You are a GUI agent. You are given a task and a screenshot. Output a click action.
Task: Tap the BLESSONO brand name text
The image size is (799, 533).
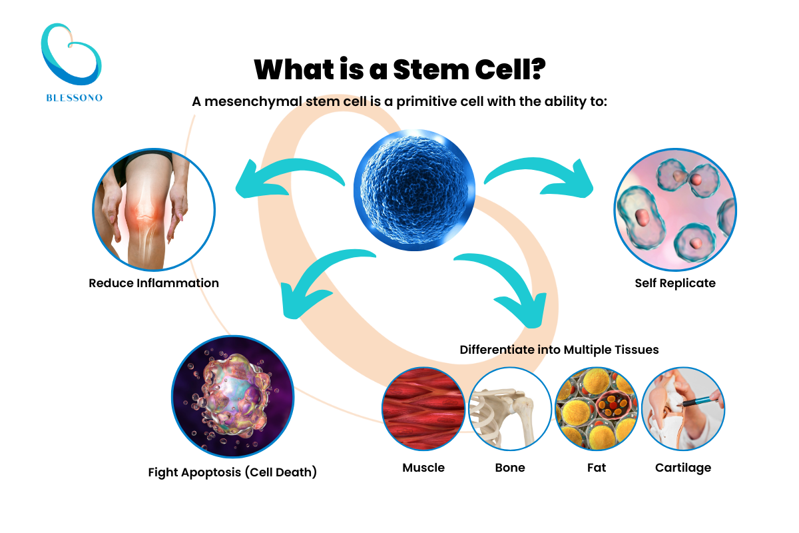click(74, 97)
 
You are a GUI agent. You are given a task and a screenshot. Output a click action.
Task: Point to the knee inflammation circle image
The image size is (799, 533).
click(154, 209)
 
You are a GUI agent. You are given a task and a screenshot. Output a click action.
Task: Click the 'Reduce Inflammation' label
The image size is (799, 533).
click(154, 283)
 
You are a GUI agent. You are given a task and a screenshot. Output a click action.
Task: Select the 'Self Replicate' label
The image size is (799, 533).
click(675, 283)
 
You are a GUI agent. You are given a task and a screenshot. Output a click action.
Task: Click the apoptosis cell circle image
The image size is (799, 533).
click(233, 396)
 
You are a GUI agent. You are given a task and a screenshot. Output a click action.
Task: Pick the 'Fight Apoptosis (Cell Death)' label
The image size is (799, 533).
click(232, 473)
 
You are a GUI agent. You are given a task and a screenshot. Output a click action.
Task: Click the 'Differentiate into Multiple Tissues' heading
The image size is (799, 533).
click(559, 350)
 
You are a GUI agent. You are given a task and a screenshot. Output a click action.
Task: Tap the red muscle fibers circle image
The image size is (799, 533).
click(423, 408)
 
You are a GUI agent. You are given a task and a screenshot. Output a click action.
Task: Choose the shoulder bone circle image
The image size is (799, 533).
click(510, 408)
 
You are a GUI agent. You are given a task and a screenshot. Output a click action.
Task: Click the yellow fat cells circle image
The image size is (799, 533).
click(597, 408)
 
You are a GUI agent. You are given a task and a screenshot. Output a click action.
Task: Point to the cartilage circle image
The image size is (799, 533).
click(683, 408)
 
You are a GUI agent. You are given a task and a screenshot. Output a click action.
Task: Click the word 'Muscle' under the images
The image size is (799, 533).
click(423, 468)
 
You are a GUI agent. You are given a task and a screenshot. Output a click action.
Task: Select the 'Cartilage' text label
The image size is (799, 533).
click(683, 468)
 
